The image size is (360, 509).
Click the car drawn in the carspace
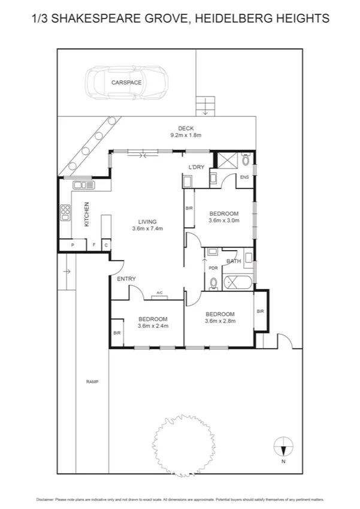click(x=126, y=82)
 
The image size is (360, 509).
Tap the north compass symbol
click(x=283, y=447)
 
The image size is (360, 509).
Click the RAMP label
click(x=92, y=382)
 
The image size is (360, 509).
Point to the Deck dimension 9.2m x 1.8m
click(x=185, y=135)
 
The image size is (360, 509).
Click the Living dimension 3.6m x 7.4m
click(x=147, y=228)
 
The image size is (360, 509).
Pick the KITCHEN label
click(x=86, y=214)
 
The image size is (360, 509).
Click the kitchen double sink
click(x=82, y=185)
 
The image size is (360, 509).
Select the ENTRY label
click(x=126, y=279)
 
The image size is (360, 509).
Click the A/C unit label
click(x=159, y=293)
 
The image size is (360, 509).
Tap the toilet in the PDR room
click(x=213, y=282)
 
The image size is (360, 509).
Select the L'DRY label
click(x=196, y=167)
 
